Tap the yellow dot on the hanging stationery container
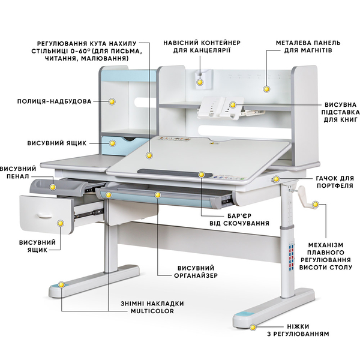[200, 82]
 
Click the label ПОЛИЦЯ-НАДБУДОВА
[55, 101]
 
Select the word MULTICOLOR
[152, 311]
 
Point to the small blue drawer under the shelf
[125, 143]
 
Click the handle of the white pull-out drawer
[45, 215]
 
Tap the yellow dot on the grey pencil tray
[53, 187]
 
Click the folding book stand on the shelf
[221, 107]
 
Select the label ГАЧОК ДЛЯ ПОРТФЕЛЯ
[335, 182]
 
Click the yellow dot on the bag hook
[276, 179]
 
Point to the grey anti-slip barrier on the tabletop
[175, 173]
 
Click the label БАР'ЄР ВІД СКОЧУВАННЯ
[239, 220]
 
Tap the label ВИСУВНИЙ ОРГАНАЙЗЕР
[196, 272]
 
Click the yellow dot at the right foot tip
[253, 328]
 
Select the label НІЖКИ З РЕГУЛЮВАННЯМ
[298, 330]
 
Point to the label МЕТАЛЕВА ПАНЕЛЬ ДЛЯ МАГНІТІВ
[308, 47]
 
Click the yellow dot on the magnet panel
[266, 89]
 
